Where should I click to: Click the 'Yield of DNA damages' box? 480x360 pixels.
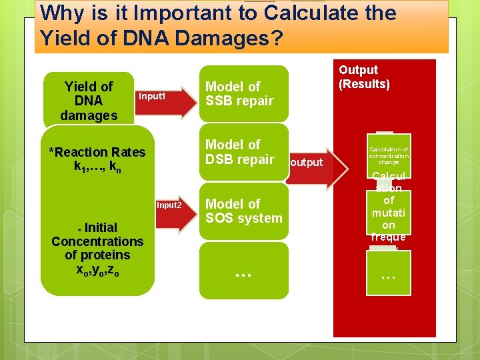coord(88,100)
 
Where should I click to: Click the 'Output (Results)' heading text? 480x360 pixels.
coord(364,77)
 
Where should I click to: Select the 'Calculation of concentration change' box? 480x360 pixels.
coord(388,155)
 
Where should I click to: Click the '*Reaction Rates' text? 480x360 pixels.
coord(97,152)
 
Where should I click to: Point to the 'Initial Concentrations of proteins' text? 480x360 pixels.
coord(97,241)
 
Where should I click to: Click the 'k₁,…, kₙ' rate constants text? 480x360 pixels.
coord(97,167)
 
